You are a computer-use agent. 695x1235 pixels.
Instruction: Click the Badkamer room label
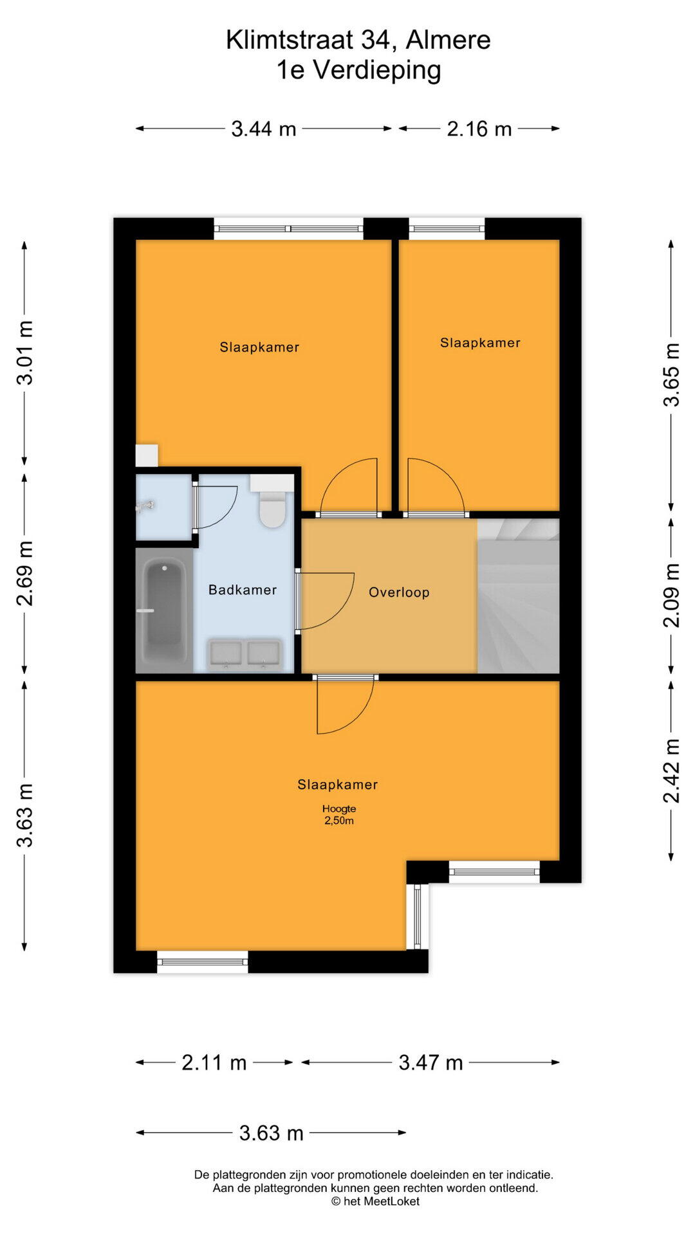click(x=243, y=590)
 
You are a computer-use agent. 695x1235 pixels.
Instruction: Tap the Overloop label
click(x=399, y=592)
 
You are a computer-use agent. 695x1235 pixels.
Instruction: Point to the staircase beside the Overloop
click(x=518, y=596)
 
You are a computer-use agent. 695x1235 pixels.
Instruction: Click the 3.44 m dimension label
click(x=264, y=129)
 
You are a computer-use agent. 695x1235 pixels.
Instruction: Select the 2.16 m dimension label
click(x=479, y=129)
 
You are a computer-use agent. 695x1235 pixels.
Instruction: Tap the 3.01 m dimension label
click(x=25, y=352)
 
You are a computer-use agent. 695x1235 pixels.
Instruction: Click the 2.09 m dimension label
click(x=671, y=595)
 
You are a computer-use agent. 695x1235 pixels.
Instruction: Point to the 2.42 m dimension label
click(x=671, y=771)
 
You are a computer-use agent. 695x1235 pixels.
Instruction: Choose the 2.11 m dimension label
click(x=214, y=1063)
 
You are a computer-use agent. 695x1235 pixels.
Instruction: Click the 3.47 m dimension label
click(x=431, y=1063)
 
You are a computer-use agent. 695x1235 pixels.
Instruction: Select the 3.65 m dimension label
click(x=671, y=374)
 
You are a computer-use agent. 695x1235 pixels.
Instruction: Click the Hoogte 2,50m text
click(x=339, y=814)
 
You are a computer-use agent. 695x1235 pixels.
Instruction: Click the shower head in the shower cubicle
click(x=145, y=506)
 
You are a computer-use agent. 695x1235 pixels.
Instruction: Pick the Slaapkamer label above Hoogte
click(x=337, y=785)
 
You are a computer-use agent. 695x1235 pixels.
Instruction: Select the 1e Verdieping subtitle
click(x=358, y=70)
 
